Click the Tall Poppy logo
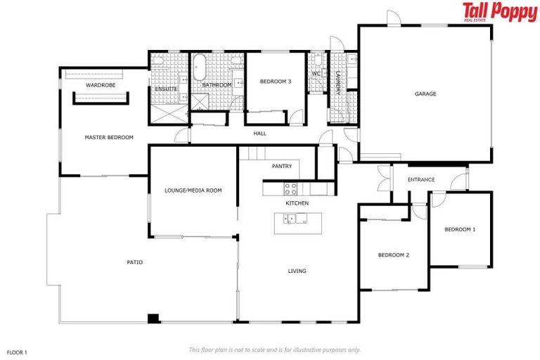(499, 12)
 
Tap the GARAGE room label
(425, 94)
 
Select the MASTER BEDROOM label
(109, 137)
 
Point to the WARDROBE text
(101, 84)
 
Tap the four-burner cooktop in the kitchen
(290, 188)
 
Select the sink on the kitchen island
(290, 219)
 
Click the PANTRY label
(282, 166)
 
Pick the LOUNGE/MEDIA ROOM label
(193, 190)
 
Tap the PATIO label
(135, 262)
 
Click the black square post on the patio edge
(153, 318)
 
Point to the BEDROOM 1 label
(460, 229)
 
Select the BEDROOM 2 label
(393, 255)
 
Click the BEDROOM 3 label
(275, 82)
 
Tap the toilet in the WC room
(317, 59)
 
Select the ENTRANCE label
(420, 179)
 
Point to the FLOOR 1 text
(17, 351)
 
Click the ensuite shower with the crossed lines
(166, 112)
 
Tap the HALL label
(260, 133)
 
